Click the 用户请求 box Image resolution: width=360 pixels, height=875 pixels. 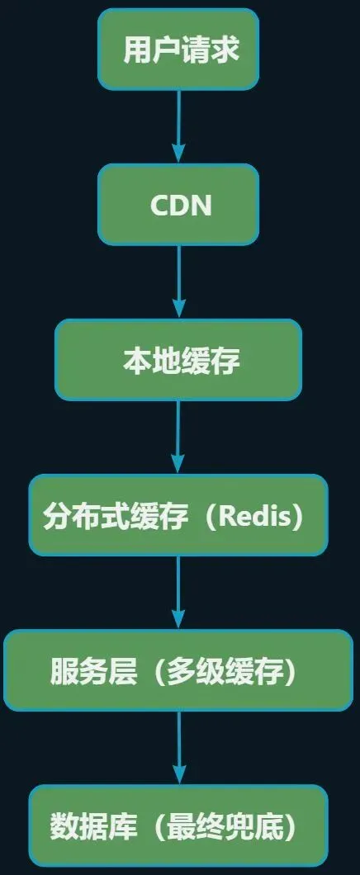[178, 50]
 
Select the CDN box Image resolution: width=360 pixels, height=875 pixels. [178, 205]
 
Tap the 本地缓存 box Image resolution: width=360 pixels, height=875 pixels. [178, 360]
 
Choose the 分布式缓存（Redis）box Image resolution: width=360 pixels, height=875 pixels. [178, 515]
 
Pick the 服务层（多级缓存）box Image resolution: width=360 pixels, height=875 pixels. [178, 670]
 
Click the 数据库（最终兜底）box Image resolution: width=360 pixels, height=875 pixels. [178, 825]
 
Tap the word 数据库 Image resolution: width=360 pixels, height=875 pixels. [80, 826]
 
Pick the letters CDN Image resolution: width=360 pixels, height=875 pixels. [181, 206]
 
